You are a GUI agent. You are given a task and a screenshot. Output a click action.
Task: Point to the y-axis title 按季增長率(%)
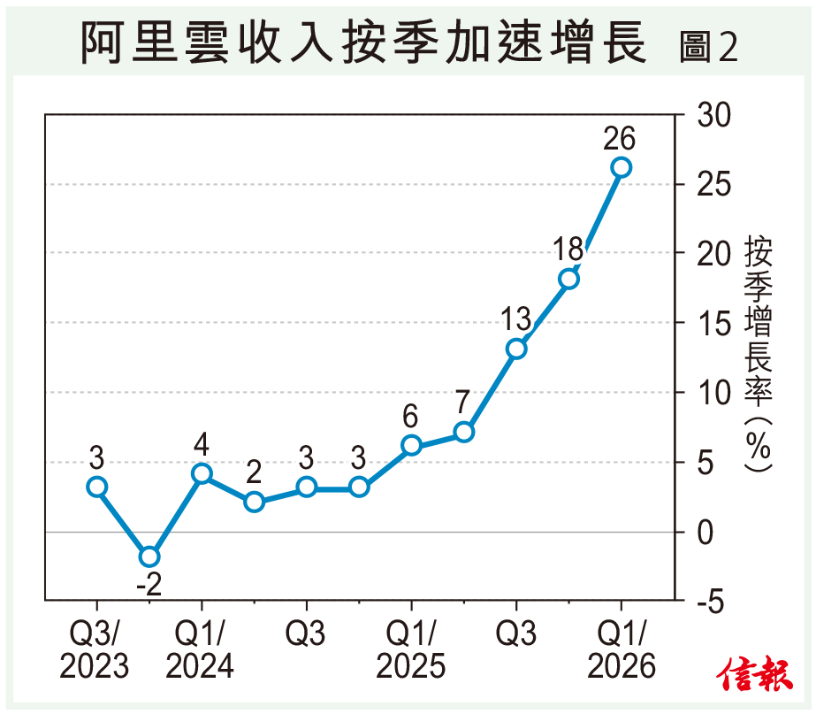click(758, 354)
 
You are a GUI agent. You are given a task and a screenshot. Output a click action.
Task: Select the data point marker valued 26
click(621, 167)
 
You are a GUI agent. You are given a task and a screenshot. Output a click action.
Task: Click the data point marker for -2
click(149, 557)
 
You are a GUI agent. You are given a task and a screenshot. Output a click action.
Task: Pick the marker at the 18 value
click(568, 280)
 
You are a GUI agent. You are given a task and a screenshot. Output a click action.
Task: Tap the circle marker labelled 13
click(516, 349)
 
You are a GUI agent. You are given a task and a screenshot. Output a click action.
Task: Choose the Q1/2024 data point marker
click(202, 473)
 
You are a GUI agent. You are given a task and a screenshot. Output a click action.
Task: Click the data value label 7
click(464, 402)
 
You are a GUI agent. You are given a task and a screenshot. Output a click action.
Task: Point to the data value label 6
click(411, 415)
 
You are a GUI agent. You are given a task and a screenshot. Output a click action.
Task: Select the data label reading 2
click(254, 472)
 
